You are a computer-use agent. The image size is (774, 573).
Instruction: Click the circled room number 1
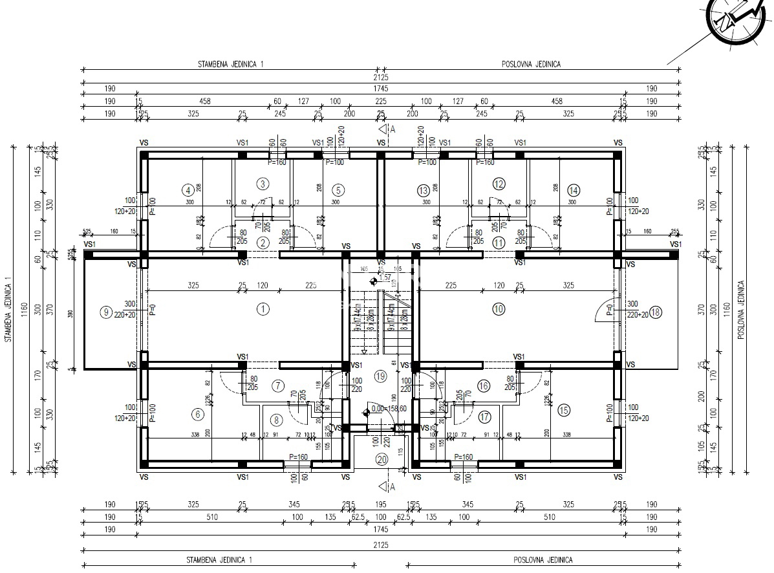pyautogui.click(x=263, y=309)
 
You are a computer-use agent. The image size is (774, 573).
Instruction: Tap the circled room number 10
pyautogui.click(x=498, y=309)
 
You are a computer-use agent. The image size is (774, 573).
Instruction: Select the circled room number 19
pyautogui.click(x=380, y=376)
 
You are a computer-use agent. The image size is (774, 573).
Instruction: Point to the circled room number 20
pyautogui.click(x=382, y=459)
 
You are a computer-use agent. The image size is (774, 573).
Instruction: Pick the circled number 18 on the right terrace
pyautogui.click(x=656, y=312)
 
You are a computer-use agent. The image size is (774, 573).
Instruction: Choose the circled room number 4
pyautogui.click(x=188, y=190)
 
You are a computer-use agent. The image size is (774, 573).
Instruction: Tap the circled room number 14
pyautogui.click(x=573, y=190)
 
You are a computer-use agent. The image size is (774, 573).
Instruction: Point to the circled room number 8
pyautogui.click(x=277, y=420)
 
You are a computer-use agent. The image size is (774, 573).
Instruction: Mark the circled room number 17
pyautogui.click(x=485, y=417)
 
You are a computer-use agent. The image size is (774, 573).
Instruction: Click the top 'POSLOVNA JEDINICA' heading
pyautogui.click(x=531, y=65)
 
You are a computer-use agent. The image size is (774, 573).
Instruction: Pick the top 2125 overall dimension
pyautogui.click(x=382, y=76)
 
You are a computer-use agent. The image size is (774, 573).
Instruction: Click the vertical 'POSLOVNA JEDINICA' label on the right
pyautogui.click(x=742, y=309)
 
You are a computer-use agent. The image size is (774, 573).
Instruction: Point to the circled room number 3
pyautogui.click(x=263, y=184)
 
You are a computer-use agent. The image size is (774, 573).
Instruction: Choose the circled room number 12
pyautogui.click(x=499, y=184)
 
